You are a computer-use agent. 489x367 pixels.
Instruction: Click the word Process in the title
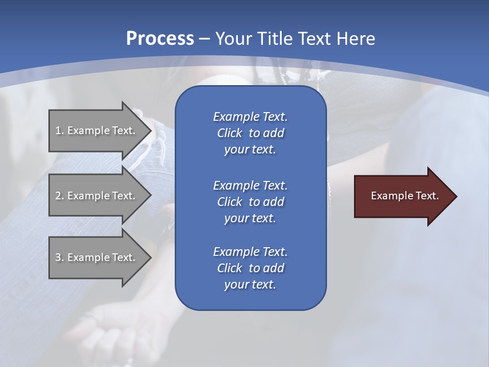click(x=160, y=39)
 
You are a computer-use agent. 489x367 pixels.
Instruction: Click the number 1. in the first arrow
click(x=59, y=130)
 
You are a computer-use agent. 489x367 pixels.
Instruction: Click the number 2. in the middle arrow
click(x=59, y=196)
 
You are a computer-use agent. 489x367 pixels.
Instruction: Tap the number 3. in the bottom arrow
click(x=59, y=257)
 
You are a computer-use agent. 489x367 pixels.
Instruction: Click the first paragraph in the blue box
click(x=250, y=133)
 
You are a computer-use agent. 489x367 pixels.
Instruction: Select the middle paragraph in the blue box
click(x=250, y=201)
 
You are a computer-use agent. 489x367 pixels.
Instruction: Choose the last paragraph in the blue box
click(x=250, y=268)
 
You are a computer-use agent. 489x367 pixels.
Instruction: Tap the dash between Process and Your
click(x=204, y=39)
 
